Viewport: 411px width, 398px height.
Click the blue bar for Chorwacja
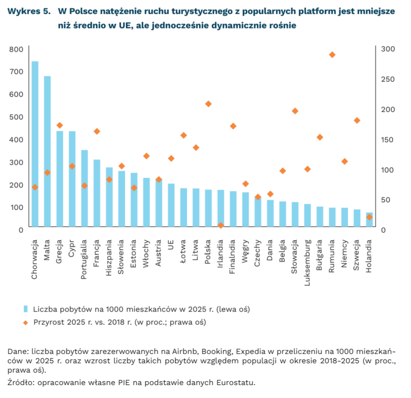point(35,144)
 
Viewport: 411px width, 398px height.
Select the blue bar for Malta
point(47,151)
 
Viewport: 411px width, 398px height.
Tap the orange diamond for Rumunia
point(332,55)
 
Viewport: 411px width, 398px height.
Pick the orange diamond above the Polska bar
point(208,104)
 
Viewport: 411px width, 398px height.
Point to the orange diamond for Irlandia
point(221,225)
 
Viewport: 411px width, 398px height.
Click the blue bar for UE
point(171,205)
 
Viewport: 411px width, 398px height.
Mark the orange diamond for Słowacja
point(295,111)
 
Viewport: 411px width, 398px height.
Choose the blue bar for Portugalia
point(84,188)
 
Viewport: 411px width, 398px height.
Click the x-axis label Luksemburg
point(307,262)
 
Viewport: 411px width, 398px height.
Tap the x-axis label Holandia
point(369,256)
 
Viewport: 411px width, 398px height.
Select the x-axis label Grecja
point(59,252)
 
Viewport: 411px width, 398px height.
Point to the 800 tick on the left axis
point(16,49)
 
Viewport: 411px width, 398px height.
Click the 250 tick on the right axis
point(388,79)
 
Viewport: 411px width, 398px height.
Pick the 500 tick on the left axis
point(16,117)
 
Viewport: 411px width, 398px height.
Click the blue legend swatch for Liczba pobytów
point(25,309)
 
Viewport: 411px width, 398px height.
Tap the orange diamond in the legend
point(25,323)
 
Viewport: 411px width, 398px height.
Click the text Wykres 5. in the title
point(29,11)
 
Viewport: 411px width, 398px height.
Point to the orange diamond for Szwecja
point(357,121)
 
